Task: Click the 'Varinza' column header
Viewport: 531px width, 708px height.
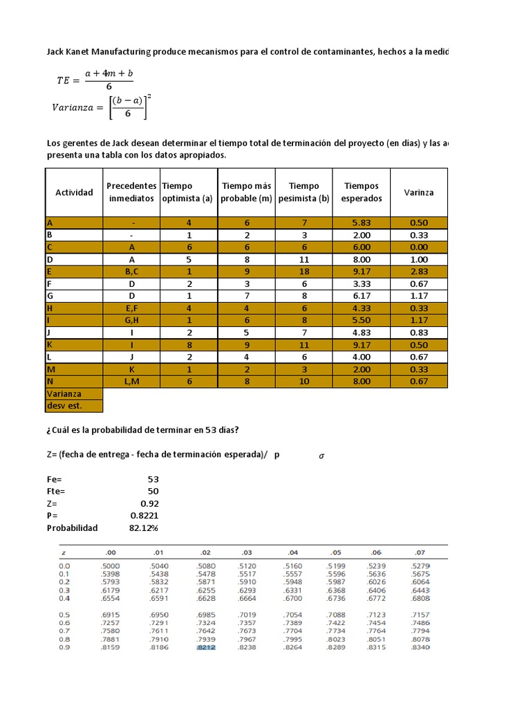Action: pyautogui.click(x=420, y=192)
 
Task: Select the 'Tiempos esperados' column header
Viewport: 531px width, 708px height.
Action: pyautogui.click(x=362, y=192)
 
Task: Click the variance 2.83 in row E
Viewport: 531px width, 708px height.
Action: pyautogui.click(x=420, y=272)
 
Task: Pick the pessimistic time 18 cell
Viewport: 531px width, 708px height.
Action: pyautogui.click(x=304, y=272)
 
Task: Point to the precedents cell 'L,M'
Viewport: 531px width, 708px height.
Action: pyautogui.click(x=132, y=381)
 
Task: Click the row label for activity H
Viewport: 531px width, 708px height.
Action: pyautogui.click(x=50, y=308)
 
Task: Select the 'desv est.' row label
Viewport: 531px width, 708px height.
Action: pyautogui.click(x=60, y=406)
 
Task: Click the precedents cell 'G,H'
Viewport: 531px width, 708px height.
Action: pyautogui.click(x=132, y=320)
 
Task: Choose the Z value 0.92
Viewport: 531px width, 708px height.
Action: pyautogui.click(x=149, y=503)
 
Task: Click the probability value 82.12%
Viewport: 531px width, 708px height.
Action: pyautogui.click(x=144, y=528)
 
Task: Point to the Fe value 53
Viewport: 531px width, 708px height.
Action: pyautogui.click(x=153, y=479)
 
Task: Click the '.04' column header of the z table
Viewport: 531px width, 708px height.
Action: pyautogui.click(x=293, y=552)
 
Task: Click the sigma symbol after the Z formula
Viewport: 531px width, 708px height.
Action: pyautogui.click(x=321, y=455)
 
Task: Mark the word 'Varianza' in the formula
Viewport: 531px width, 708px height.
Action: pyautogui.click(x=75, y=106)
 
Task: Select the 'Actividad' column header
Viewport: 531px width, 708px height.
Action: pyautogui.click(x=74, y=192)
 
